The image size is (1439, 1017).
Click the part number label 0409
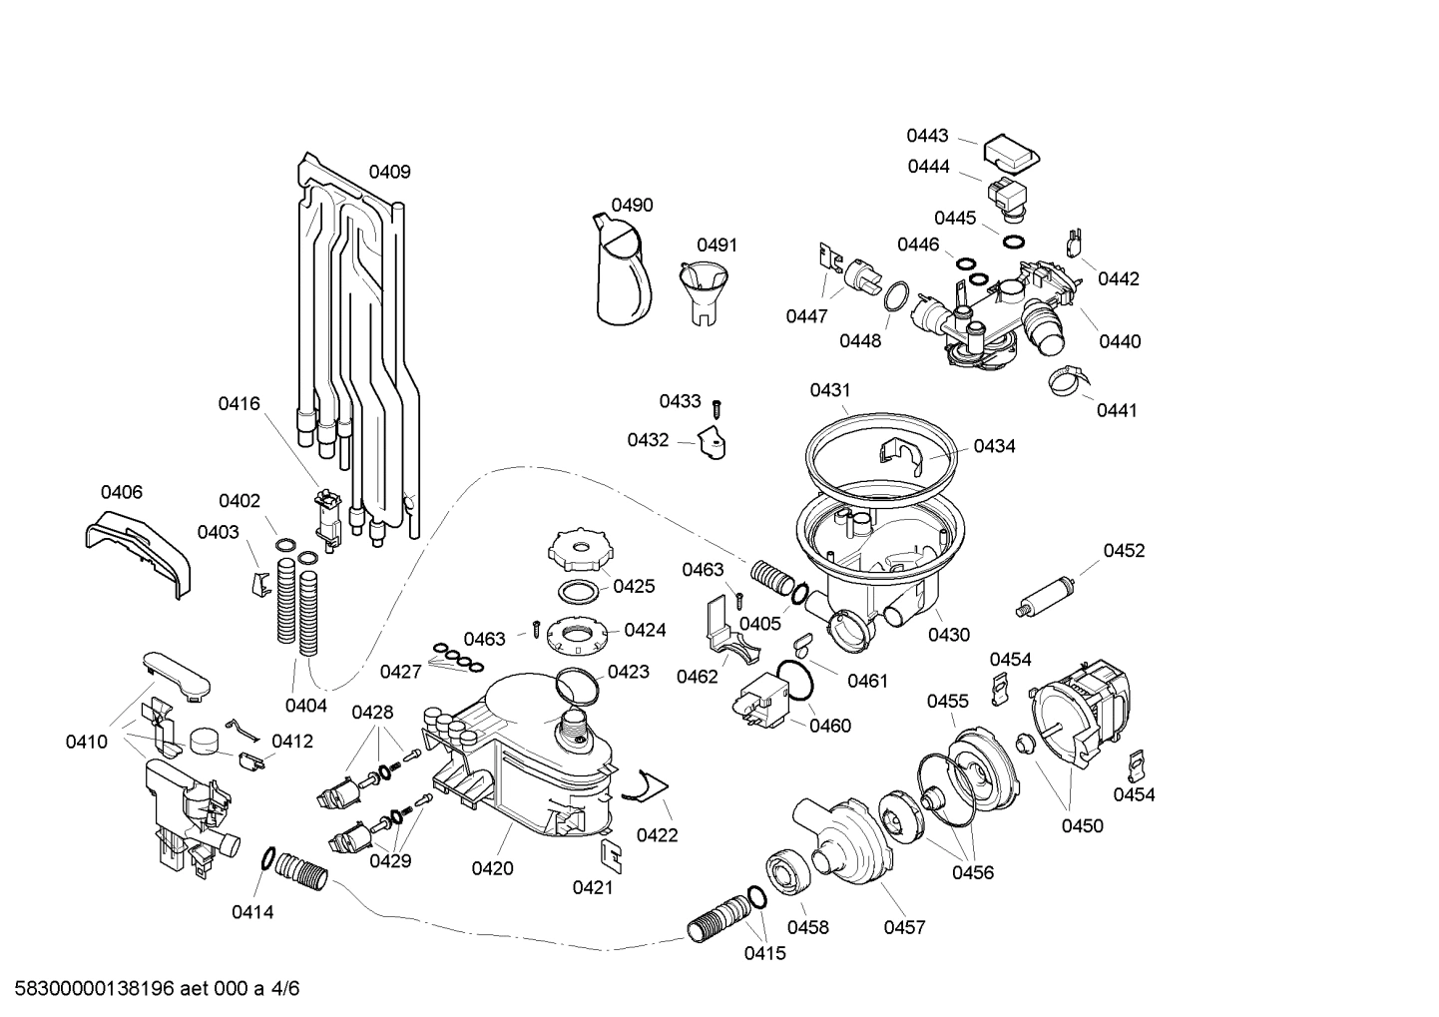coord(389,172)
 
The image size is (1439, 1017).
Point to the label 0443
coord(927,136)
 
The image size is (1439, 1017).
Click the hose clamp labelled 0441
coord(1067,380)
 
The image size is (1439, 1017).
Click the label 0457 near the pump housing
coord(904,927)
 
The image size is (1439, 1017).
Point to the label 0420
coord(492,868)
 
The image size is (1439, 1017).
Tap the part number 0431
coord(830,390)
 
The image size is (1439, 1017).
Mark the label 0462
coord(697,677)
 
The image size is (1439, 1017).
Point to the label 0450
coord(1082,825)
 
